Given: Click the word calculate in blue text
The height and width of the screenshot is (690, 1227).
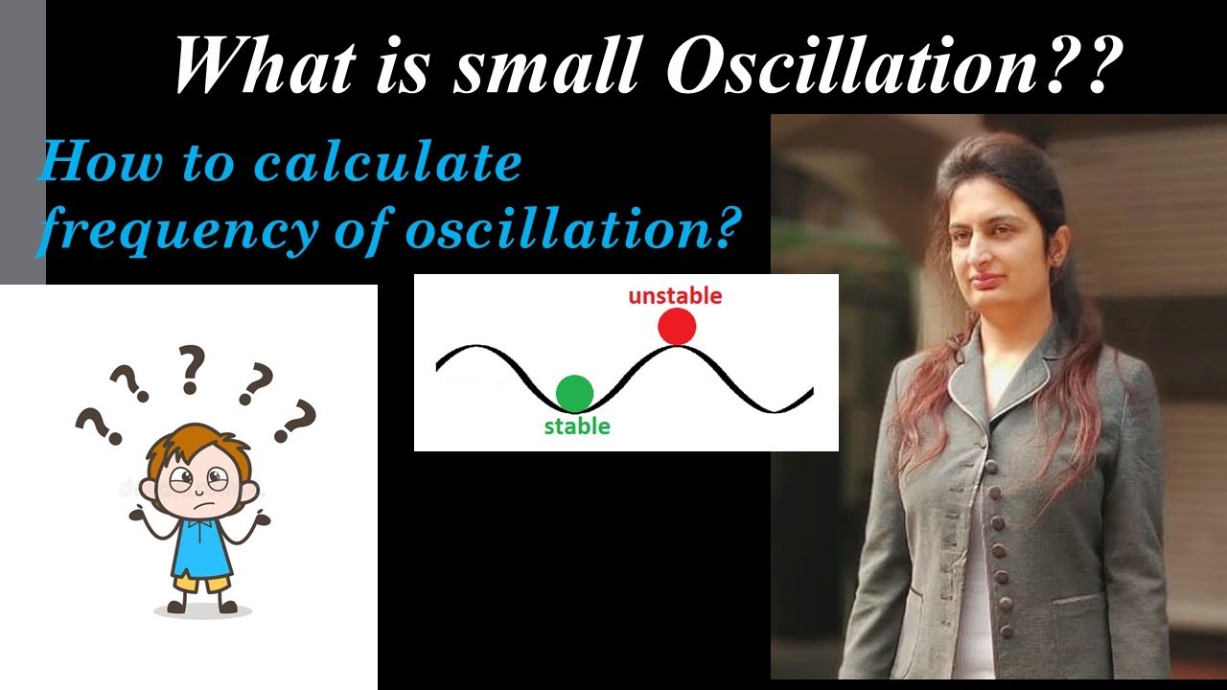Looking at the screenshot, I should point(387,164).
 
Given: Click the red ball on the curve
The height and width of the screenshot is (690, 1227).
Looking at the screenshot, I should point(677,327).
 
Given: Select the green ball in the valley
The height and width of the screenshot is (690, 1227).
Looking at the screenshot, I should point(574,392).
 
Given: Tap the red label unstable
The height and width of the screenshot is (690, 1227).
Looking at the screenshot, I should point(675,296).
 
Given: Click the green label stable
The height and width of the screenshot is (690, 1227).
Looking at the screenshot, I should point(577,426).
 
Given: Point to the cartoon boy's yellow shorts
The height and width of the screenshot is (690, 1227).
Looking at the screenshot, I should point(200,581).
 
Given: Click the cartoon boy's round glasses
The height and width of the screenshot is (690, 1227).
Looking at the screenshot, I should point(199,478).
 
